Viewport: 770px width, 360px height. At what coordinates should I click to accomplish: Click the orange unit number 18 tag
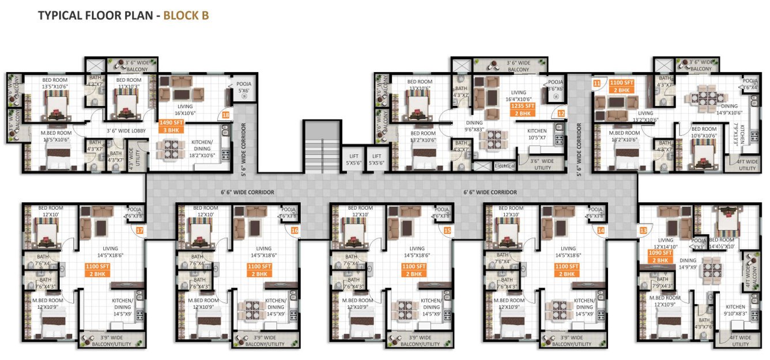pyautogui.click(x=225, y=115)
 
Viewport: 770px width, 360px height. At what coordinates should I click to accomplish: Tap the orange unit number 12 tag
pyautogui.click(x=561, y=114)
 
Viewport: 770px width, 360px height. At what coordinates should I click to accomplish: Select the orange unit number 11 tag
pyautogui.click(x=597, y=84)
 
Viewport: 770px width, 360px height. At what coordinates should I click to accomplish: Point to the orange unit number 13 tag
pyautogui.click(x=643, y=230)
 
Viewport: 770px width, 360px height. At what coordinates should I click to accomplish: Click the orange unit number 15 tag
pyautogui.click(x=447, y=230)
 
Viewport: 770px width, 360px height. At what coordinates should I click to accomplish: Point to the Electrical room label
pyautogui.click(x=504, y=166)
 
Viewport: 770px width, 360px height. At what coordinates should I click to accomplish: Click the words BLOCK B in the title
pyautogui.click(x=186, y=16)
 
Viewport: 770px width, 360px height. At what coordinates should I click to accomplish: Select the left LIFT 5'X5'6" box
pyautogui.click(x=353, y=159)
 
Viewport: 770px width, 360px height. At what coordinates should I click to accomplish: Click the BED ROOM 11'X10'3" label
pyautogui.click(x=129, y=83)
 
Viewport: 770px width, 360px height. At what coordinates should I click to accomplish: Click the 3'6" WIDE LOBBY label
pyautogui.click(x=126, y=131)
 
